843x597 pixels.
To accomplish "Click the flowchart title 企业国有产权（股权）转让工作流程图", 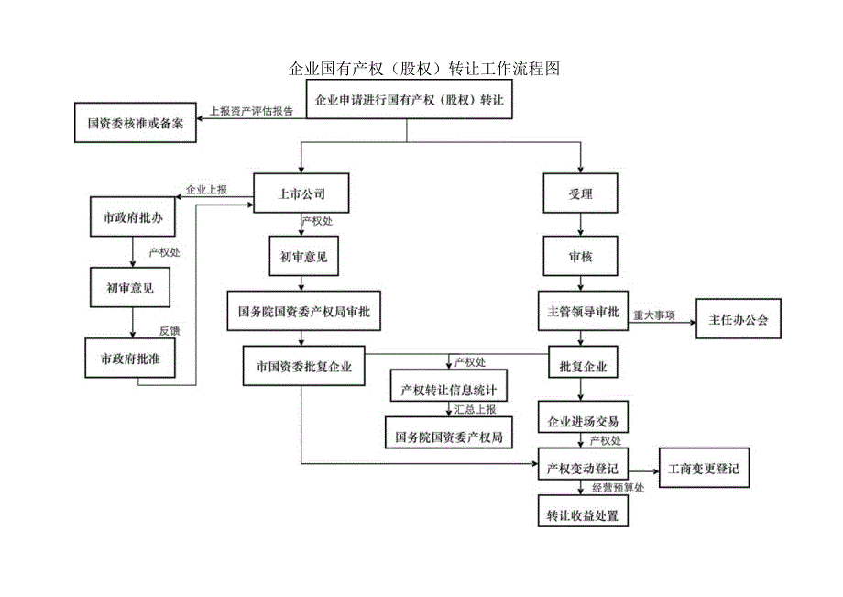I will point(423,69).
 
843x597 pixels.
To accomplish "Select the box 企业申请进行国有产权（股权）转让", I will point(408,100).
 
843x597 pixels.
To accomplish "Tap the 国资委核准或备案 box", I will point(135,123).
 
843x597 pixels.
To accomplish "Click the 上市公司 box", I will point(301,193).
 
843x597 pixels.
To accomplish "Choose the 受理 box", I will point(581,193).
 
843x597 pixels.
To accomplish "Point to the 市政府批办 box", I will point(132,217).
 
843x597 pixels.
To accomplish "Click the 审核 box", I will point(581,257).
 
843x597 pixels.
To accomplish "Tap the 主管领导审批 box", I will point(583,312).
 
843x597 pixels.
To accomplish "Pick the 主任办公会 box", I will point(739,320).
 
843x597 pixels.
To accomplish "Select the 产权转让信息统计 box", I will point(448,389).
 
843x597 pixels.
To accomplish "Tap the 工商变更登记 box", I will point(704,469).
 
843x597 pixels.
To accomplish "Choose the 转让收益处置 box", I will point(583,515).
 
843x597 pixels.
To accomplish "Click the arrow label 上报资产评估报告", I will point(251,112).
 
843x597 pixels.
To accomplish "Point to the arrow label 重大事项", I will point(654,315).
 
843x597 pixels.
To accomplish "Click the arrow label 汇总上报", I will point(476,409).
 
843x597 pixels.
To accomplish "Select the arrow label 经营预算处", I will point(619,489).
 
